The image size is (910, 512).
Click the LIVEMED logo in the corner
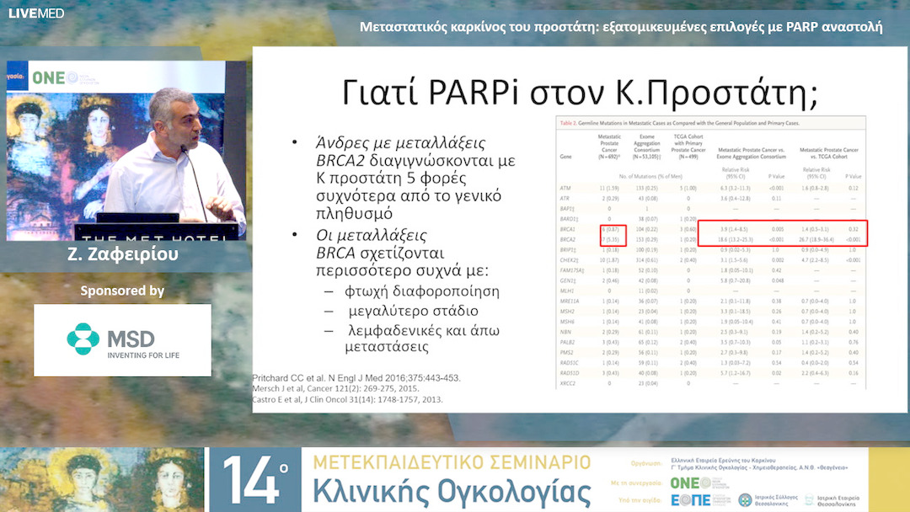point(24,13)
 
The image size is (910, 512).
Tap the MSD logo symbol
point(83,339)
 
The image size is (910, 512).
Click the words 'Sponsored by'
point(122,291)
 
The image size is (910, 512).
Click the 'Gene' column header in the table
point(566,157)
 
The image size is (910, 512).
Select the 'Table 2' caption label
point(572,123)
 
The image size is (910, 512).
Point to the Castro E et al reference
point(347,399)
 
